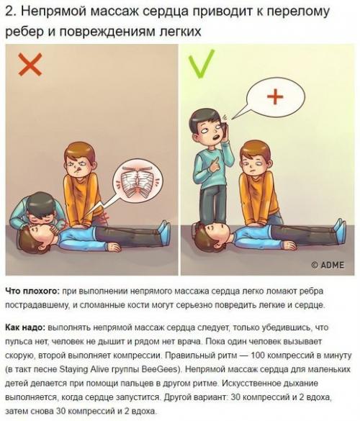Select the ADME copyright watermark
point(328,264)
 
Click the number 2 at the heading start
point(9,12)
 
